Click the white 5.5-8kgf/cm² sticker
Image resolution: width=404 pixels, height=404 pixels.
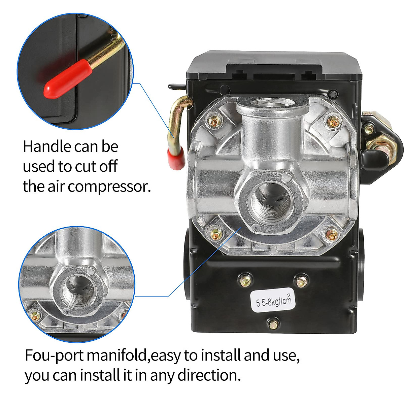click(x=271, y=299)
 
